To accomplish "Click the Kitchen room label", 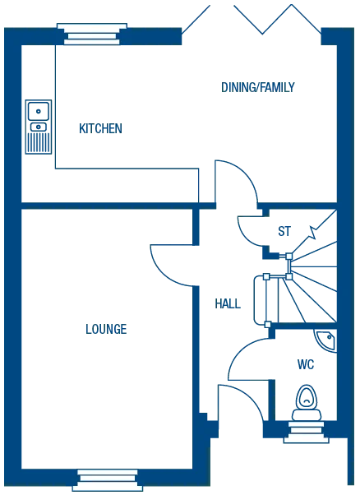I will pyautogui.click(x=101, y=128).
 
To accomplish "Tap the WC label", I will pyautogui.click(x=306, y=363).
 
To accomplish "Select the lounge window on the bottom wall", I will pyautogui.click(x=108, y=478).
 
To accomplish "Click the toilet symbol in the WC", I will pyautogui.click(x=306, y=401).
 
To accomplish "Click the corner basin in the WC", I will pyautogui.click(x=331, y=337).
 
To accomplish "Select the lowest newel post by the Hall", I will pyautogui.click(x=266, y=326).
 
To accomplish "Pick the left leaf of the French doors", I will pyautogui.click(x=197, y=16).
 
